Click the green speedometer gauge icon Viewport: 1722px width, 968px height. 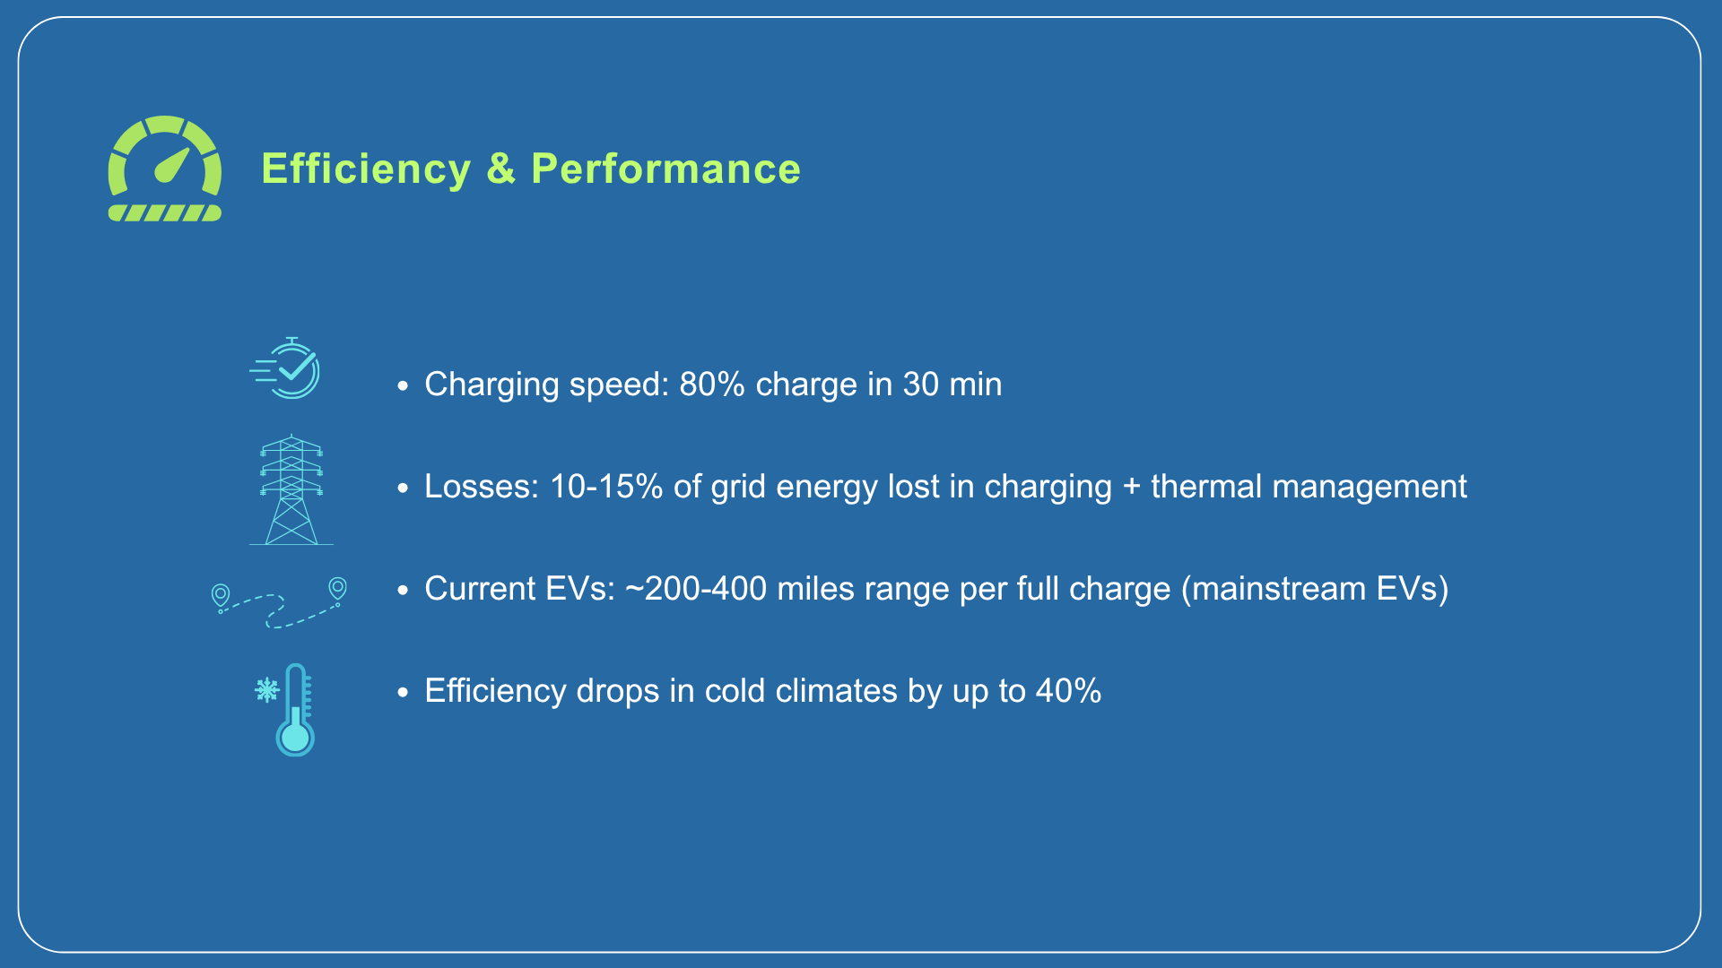[x=165, y=169]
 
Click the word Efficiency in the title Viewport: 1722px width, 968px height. [x=366, y=169]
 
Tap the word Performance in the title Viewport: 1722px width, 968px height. [x=665, y=169]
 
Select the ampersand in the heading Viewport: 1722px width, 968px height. [x=501, y=169]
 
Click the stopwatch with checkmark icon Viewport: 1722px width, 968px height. [x=285, y=368]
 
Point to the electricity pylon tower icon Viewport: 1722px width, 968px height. [x=291, y=489]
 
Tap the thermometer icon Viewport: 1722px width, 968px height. [x=295, y=710]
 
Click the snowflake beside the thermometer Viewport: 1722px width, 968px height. [x=266, y=690]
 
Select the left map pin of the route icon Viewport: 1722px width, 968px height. [x=220, y=595]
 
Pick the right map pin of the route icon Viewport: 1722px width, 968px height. [x=338, y=588]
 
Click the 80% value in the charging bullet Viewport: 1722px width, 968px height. [x=712, y=385]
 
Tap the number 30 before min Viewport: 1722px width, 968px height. [x=921, y=385]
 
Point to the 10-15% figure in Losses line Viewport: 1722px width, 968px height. [x=606, y=487]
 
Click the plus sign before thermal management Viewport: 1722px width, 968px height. [x=1131, y=488]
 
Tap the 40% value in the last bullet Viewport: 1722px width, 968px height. [x=1069, y=691]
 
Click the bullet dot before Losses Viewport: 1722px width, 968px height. [x=404, y=488]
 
